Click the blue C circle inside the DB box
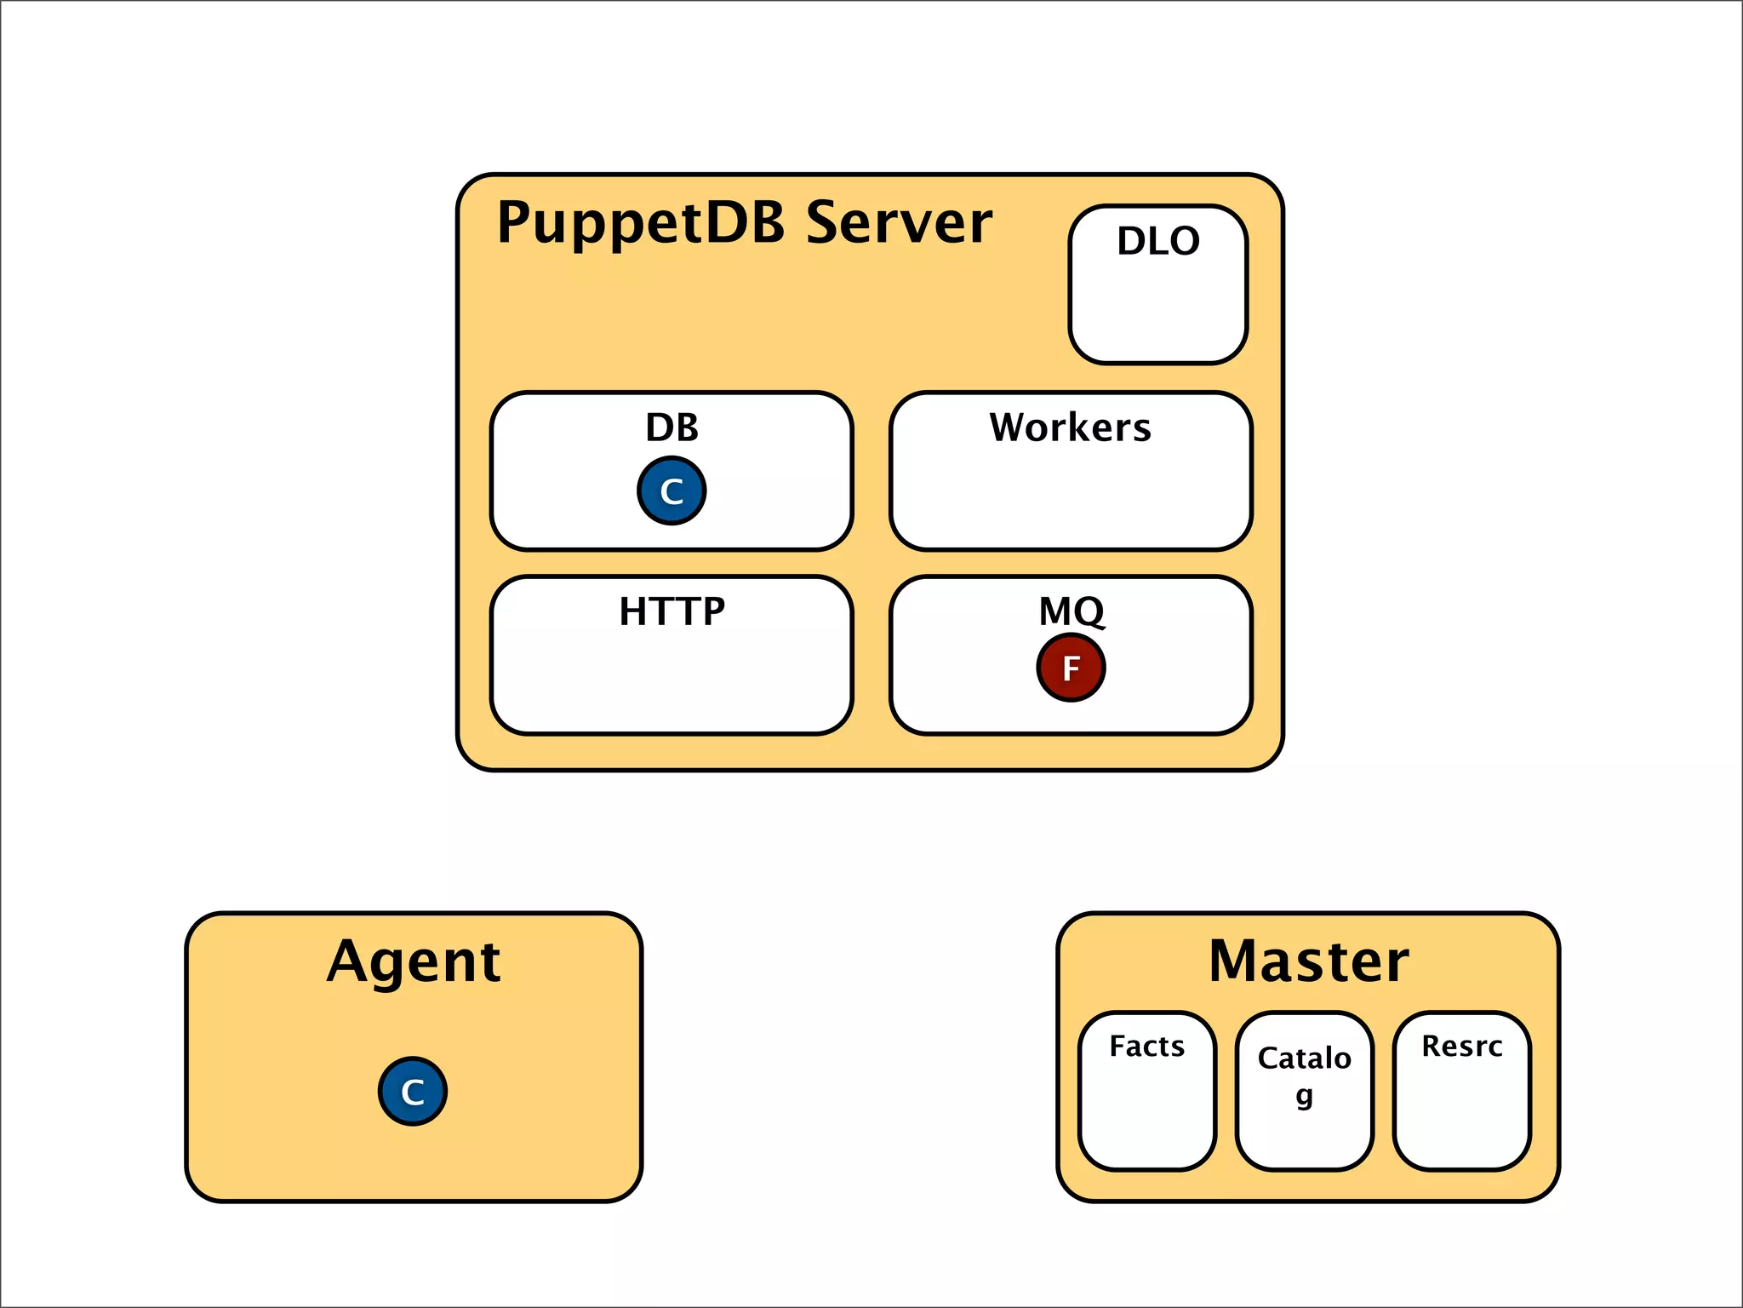tap(671, 491)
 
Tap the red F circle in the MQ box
tap(1071, 668)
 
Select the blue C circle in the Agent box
tap(413, 1092)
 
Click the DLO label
tap(1158, 241)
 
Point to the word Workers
tap(1070, 427)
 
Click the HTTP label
tap(671, 611)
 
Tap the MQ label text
tap(1071, 611)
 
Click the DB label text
tap(671, 427)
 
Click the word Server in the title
tap(899, 223)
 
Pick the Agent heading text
tap(414, 962)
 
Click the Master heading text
tap(1308, 962)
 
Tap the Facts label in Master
tap(1146, 1046)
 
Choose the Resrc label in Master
tap(1461, 1046)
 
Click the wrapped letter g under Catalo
tap(1304, 1095)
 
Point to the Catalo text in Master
tap(1304, 1058)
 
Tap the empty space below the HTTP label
tap(671, 681)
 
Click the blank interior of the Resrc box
tap(1461, 1116)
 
